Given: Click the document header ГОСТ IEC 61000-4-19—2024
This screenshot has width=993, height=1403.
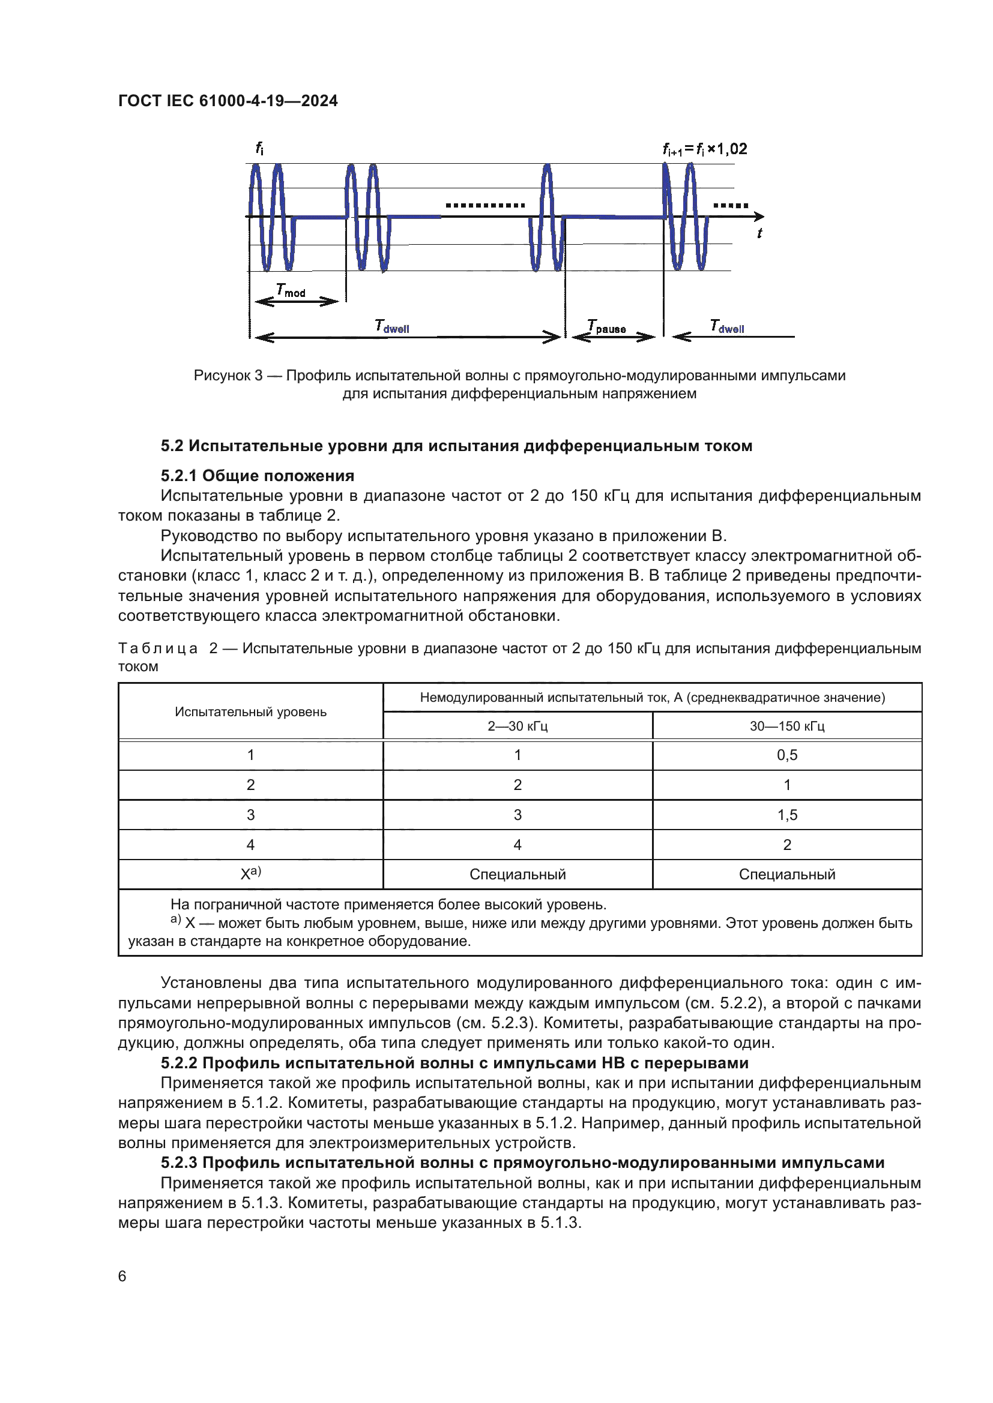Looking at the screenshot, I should pyautogui.click(x=228, y=101).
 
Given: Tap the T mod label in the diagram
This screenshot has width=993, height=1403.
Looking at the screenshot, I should pyautogui.click(x=291, y=290).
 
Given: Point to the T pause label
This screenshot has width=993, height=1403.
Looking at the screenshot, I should pyautogui.click(x=606, y=326).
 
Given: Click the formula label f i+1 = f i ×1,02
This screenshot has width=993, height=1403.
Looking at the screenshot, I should pyautogui.click(x=704, y=149).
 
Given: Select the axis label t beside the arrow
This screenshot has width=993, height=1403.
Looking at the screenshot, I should pyautogui.click(x=759, y=233).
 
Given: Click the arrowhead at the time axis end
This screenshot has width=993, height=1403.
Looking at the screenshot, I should pyautogui.click(x=759, y=217).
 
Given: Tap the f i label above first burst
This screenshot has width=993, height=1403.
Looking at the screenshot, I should pyautogui.click(x=259, y=148).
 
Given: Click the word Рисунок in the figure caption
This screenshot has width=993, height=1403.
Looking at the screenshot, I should pyautogui.click(x=222, y=375).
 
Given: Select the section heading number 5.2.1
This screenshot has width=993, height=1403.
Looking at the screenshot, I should pyautogui.click(x=179, y=476).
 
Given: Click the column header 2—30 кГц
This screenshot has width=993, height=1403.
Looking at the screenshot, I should pyautogui.click(x=518, y=726).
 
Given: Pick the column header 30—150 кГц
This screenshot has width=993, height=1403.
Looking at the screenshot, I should pyautogui.click(x=787, y=726).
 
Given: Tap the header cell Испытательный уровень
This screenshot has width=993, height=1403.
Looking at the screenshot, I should pyautogui.click(x=251, y=712).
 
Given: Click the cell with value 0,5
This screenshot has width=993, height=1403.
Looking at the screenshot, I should pyautogui.click(x=787, y=755).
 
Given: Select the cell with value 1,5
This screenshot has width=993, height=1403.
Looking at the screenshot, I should pyautogui.click(x=787, y=815).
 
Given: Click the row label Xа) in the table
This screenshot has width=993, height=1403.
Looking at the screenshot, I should pyautogui.click(x=251, y=873).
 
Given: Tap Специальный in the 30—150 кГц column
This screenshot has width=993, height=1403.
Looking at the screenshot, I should pyautogui.click(x=787, y=875).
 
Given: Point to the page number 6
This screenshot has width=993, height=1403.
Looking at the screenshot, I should pyautogui.click(x=122, y=1276).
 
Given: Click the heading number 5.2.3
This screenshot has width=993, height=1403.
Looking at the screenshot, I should pyautogui.click(x=179, y=1163).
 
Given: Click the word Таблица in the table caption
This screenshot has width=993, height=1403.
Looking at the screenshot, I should pyautogui.click(x=158, y=648).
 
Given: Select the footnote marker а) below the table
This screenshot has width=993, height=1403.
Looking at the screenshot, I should pyautogui.click(x=175, y=920).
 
